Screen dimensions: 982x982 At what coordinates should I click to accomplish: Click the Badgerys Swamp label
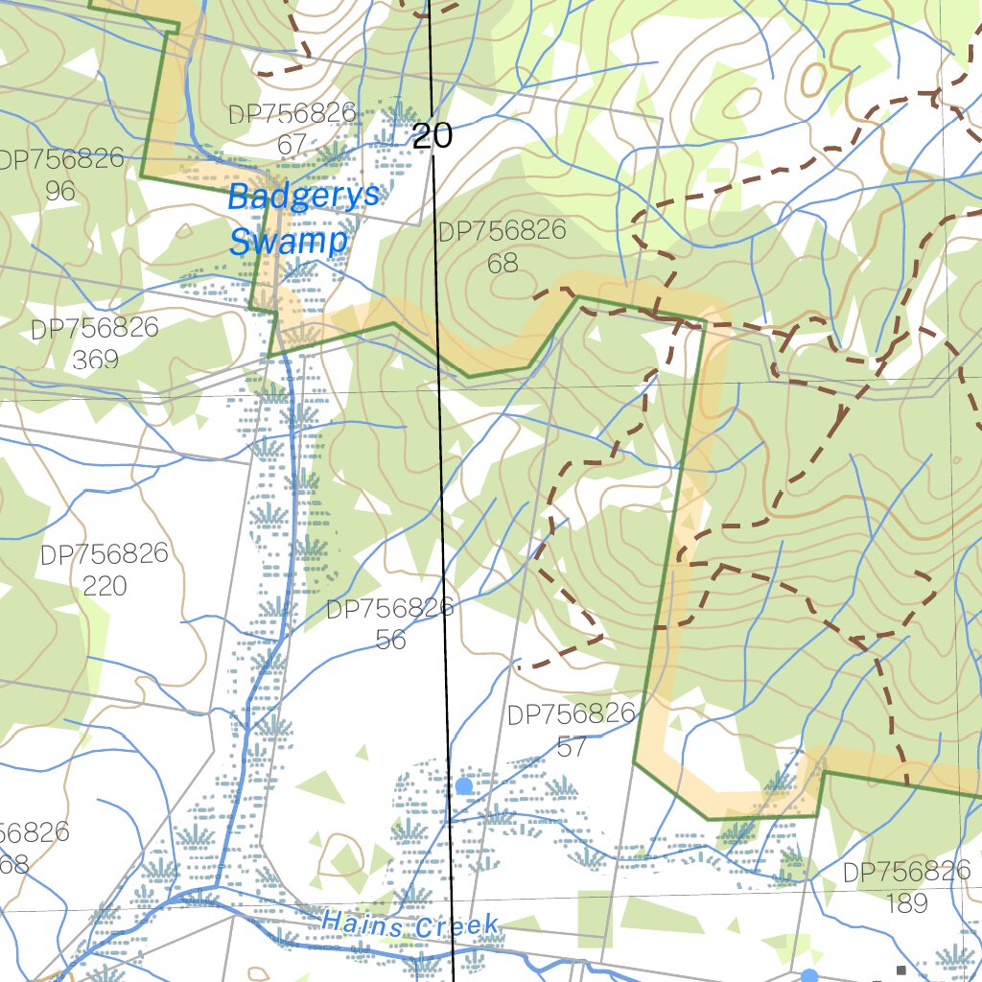point(303,219)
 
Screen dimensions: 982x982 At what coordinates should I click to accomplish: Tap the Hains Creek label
point(410,925)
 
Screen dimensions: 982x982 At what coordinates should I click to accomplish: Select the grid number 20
point(433,135)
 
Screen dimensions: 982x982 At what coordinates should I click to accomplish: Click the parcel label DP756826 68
point(502,246)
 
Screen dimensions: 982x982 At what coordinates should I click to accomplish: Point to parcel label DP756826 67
point(292,129)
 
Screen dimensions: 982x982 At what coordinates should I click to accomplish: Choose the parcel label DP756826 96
point(60,174)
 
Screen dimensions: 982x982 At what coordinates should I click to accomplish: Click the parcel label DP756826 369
point(95,343)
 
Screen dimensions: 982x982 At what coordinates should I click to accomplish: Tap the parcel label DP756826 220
point(104,569)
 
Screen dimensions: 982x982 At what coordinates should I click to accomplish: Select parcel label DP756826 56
point(389,623)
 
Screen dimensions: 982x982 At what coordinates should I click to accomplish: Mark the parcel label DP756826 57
point(571,730)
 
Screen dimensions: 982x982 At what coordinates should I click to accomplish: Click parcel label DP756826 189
point(906,886)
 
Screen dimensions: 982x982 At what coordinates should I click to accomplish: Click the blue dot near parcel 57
point(464,786)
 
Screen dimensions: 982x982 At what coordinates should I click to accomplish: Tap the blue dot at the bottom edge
point(809,976)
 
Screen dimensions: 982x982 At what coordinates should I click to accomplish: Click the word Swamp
point(288,241)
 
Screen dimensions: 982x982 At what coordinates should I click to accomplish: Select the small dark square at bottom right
point(900,970)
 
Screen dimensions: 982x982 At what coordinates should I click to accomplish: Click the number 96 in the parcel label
point(60,190)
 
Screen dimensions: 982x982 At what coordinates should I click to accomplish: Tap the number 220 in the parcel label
point(104,585)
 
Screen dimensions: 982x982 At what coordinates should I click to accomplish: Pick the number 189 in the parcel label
point(906,902)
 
